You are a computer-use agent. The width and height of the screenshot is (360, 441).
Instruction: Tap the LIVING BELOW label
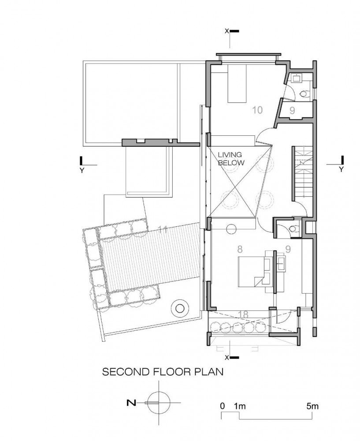coord(231,159)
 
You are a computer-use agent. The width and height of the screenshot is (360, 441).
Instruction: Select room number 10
coord(257,110)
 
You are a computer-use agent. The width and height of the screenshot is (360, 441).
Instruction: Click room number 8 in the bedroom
coord(240,249)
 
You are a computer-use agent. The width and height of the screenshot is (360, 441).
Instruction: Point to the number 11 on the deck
coord(163,230)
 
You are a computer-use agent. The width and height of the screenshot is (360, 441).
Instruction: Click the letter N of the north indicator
coord(131,403)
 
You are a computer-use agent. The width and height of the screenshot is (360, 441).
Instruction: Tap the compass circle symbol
coord(159,403)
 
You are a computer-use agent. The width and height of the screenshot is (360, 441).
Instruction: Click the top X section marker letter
coord(227,31)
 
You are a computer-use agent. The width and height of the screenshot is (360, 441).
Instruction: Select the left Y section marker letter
coord(82,170)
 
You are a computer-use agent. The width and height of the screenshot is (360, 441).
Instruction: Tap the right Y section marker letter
coord(341,169)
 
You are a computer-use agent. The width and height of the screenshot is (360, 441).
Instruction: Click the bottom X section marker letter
coord(227,358)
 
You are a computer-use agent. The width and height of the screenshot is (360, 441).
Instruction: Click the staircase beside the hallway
coord(303,173)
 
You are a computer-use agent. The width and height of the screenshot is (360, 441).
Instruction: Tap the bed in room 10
coord(237,83)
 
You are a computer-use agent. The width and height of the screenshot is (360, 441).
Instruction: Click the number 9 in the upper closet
coord(292,111)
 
